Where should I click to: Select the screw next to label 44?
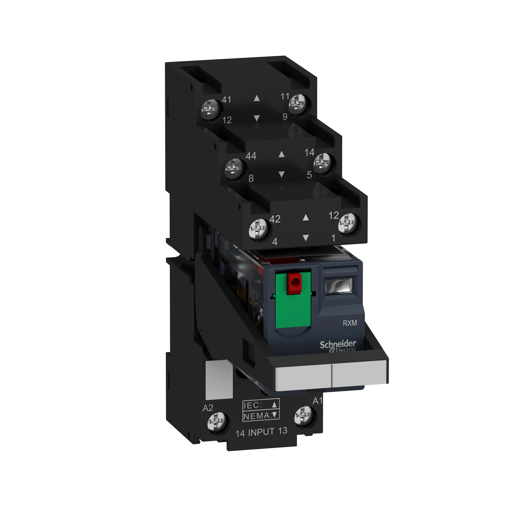click(x=234, y=167)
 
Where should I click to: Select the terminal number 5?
click(x=309, y=175)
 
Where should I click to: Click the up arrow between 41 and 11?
click(x=257, y=98)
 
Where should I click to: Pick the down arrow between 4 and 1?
click(x=305, y=238)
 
